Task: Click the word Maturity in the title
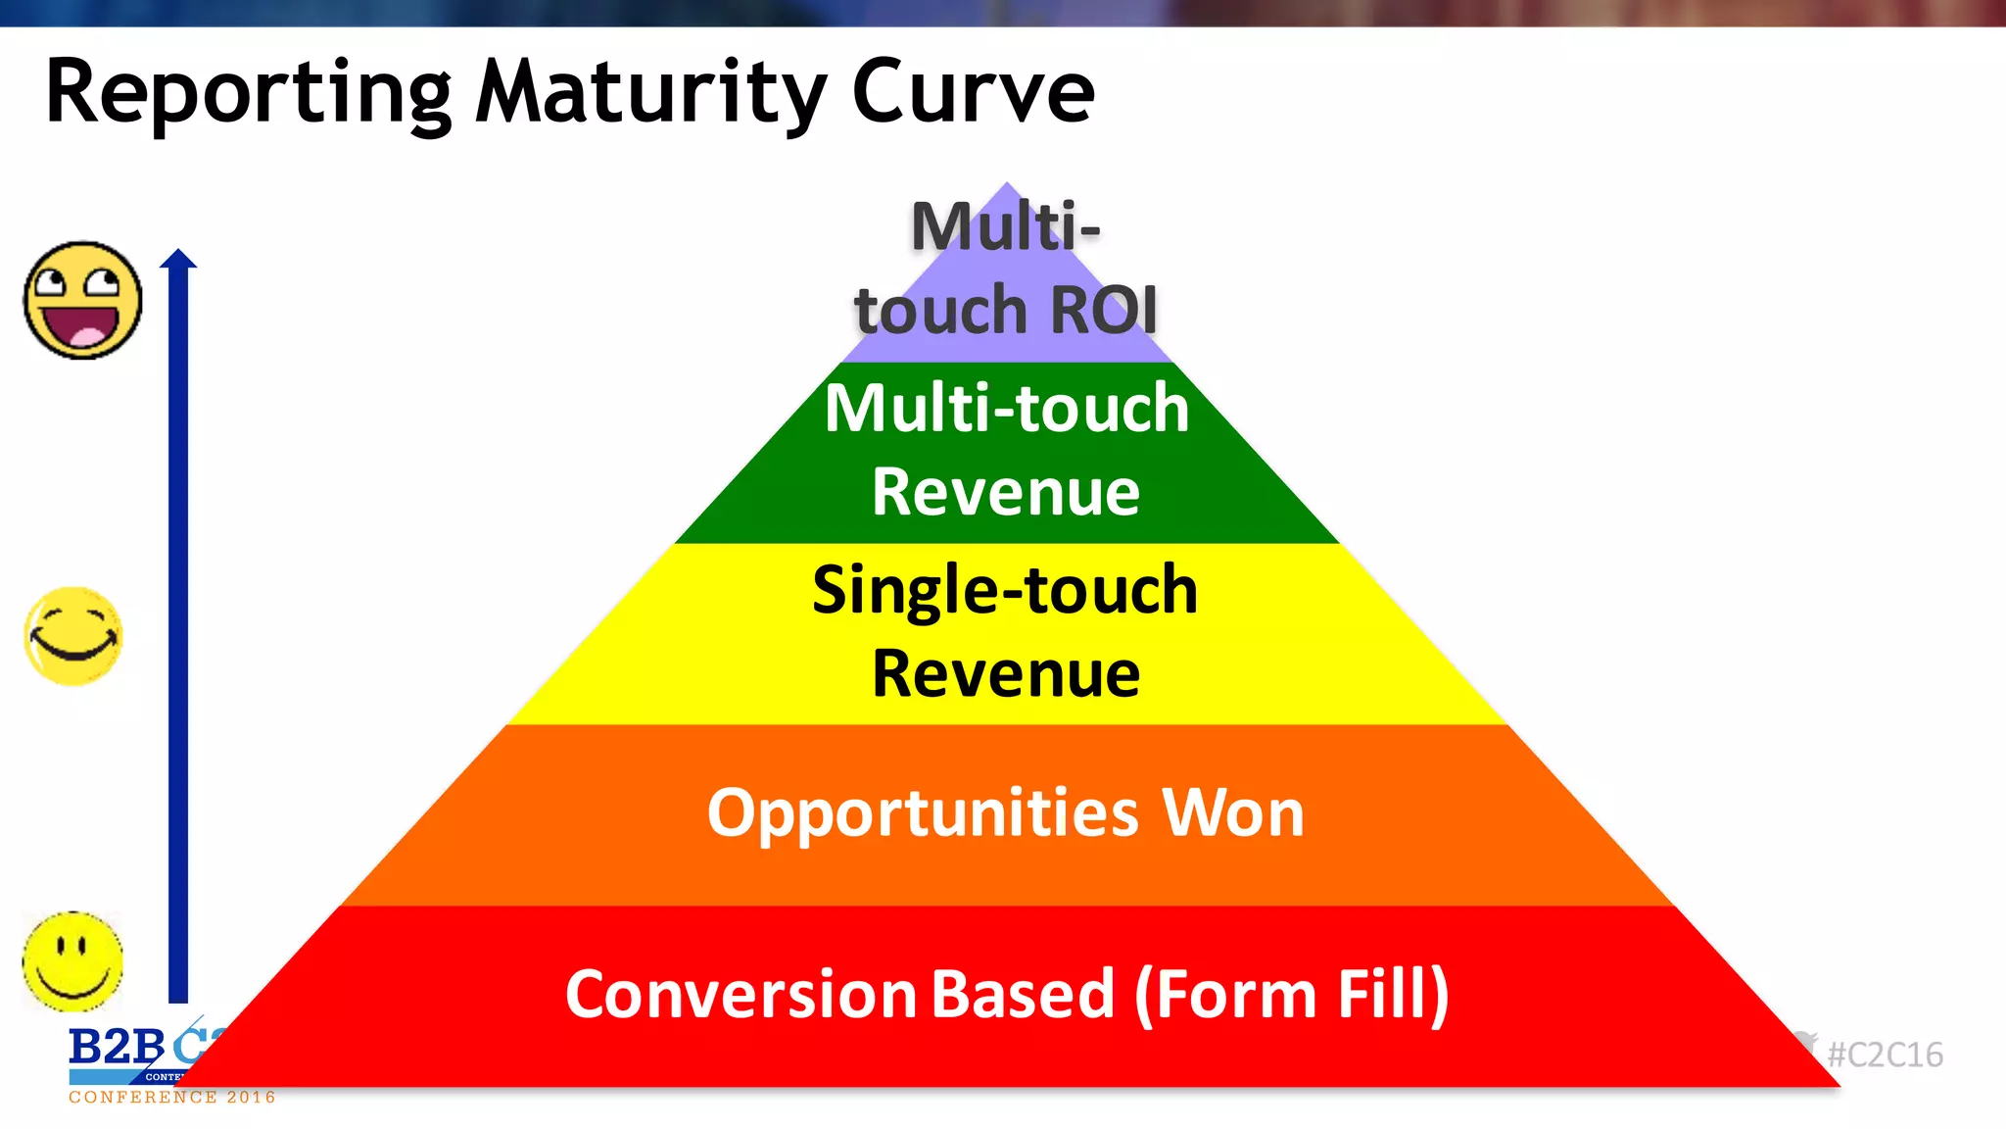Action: (651, 93)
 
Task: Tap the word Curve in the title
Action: (973, 93)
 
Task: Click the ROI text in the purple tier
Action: (1103, 310)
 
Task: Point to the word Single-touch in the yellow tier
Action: (1005, 590)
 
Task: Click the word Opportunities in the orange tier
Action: (923, 813)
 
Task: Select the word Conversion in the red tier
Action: (740, 994)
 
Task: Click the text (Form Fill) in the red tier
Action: (1291, 994)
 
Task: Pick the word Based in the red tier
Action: (1023, 994)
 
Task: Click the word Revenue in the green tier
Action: (1006, 492)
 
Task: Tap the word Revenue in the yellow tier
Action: (1006, 674)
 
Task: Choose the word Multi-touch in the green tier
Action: (1006, 408)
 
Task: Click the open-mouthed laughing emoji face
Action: (82, 300)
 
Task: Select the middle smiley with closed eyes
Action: (73, 637)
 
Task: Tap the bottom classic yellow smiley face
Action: (72, 961)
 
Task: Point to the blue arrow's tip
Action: (178, 256)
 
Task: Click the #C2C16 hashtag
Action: (1885, 1055)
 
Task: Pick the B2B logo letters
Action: (116, 1048)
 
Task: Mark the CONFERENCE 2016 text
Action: (172, 1098)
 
